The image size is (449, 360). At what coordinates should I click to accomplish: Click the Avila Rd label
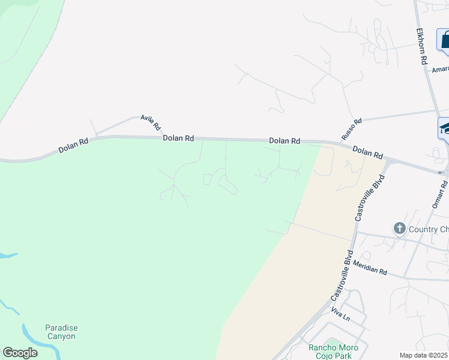coord(151,122)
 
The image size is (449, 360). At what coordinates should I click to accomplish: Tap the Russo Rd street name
coord(352,130)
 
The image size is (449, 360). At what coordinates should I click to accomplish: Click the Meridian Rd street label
coord(370,268)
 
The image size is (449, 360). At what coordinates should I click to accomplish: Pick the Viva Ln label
coord(340,314)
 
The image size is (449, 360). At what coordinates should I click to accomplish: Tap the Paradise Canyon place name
coord(61,332)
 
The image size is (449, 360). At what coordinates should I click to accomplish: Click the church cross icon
coord(400,228)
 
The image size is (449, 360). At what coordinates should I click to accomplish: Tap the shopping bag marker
coord(445,41)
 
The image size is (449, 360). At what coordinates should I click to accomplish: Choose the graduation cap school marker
coord(445,128)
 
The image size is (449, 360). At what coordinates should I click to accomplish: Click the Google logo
coord(20,353)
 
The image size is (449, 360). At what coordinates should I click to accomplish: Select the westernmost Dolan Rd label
coord(74,145)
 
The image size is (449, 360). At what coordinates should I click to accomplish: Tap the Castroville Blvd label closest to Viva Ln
coord(340,277)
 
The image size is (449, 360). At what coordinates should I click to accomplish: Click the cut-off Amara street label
coord(440,69)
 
